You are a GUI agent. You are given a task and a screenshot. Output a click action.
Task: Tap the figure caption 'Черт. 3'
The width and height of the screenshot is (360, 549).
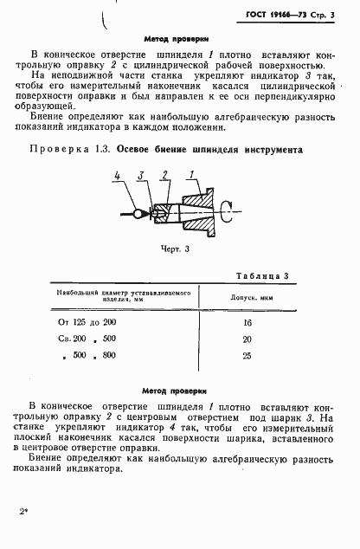point(175,248)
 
